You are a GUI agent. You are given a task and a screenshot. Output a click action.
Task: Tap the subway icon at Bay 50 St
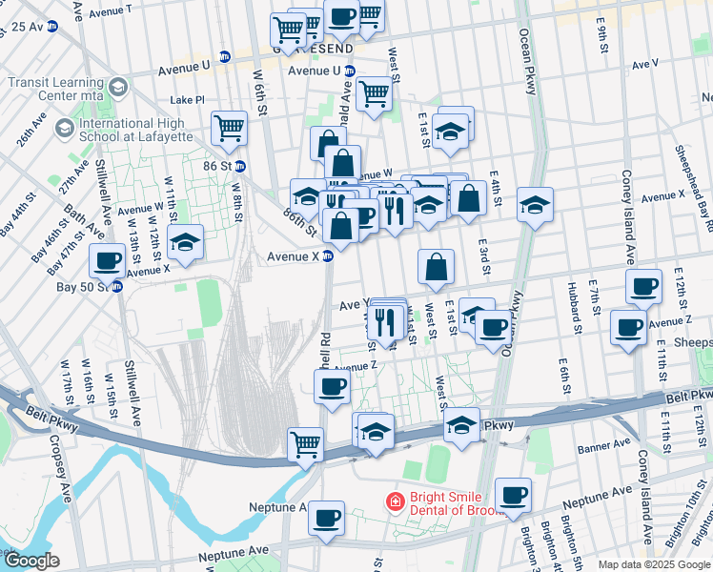pyautogui.click(x=117, y=286)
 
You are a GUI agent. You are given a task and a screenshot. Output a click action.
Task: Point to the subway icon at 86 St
pyautogui.click(x=240, y=166)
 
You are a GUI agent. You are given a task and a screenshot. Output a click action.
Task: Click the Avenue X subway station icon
pyautogui.click(x=327, y=255)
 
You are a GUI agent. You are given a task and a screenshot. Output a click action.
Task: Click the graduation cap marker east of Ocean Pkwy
pyautogui.click(x=536, y=203)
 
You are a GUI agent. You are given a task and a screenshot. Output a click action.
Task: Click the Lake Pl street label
pyautogui.click(x=187, y=100)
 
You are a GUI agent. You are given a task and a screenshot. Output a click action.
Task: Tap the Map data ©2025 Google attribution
pyautogui.click(x=653, y=564)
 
